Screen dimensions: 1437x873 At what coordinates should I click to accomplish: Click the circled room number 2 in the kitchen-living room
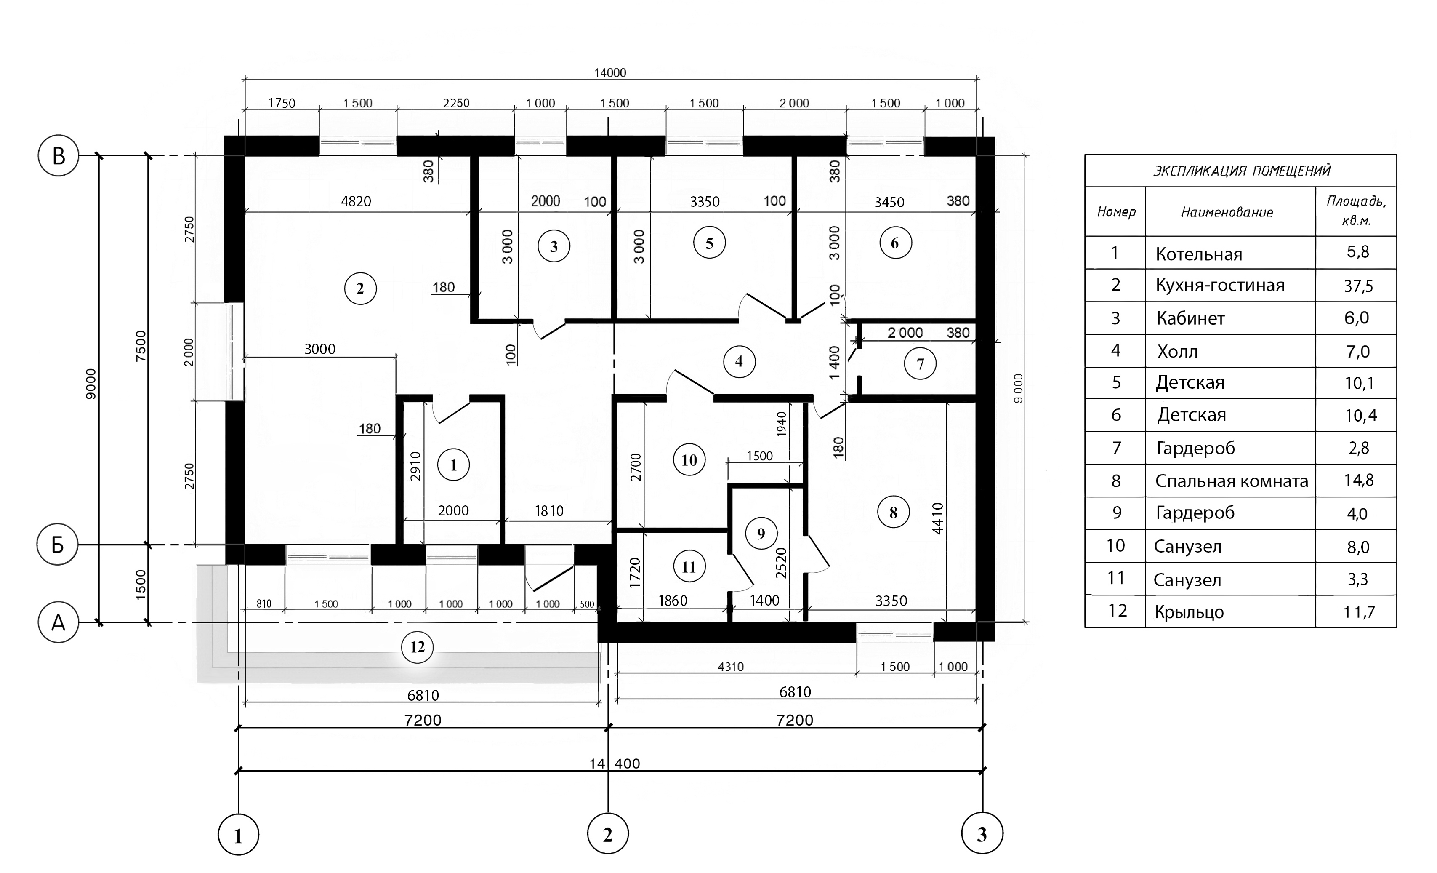pos(360,288)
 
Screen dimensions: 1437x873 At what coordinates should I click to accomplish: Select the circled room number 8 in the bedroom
pos(893,513)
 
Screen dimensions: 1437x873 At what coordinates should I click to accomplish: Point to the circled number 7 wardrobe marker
pos(920,363)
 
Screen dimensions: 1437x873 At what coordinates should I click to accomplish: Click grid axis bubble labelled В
pos(59,156)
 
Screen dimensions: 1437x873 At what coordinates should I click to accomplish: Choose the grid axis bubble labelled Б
pos(57,545)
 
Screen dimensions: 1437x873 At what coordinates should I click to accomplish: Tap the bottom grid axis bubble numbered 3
pos(982,834)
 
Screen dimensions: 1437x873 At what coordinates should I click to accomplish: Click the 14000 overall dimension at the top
pos(610,73)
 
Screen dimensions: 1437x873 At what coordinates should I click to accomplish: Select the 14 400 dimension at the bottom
pos(615,763)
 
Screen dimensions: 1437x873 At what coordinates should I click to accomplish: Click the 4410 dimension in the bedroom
pos(937,518)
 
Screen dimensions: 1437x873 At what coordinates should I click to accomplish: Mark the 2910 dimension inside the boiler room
pos(415,466)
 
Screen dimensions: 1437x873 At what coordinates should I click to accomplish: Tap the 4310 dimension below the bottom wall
pos(731,666)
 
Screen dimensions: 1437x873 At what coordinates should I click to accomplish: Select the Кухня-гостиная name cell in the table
pos(1220,286)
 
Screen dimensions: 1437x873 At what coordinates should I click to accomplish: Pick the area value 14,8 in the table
pos(1359,480)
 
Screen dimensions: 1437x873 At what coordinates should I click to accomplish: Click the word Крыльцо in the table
pos(1189,612)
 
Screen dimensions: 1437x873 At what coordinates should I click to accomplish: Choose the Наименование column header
pos(1227,212)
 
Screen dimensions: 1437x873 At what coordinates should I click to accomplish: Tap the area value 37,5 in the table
pos(1358,286)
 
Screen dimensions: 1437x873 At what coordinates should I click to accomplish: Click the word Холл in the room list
pos(1177,351)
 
